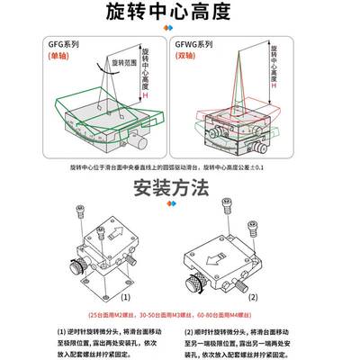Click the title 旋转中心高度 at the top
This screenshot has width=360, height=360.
pos(180,13)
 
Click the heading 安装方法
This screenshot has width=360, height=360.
pos(179,189)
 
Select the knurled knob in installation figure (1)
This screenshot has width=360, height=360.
pos(85,266)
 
